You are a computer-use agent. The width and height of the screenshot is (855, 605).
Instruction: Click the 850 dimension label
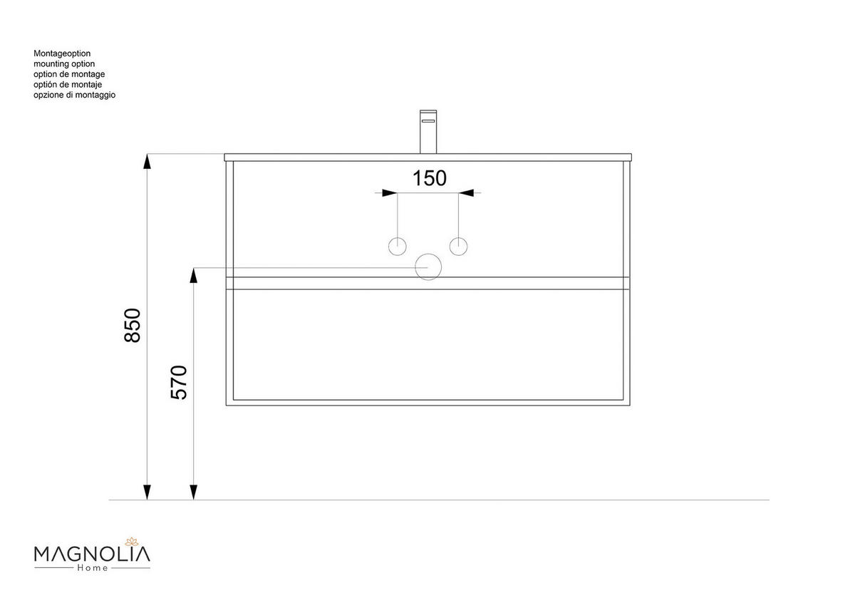(133, 325)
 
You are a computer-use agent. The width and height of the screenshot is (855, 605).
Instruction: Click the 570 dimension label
(179, 382)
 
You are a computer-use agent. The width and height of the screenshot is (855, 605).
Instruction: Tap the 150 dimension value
(430, 177)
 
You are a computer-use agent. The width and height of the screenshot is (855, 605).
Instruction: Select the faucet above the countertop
(427, 131)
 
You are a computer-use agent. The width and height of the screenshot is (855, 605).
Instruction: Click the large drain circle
(428, 267)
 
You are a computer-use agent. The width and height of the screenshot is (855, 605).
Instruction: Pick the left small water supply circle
(397, 247)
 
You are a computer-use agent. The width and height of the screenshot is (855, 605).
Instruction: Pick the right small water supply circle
(459, 247)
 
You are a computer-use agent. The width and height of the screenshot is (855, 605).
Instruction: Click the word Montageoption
(62, 53)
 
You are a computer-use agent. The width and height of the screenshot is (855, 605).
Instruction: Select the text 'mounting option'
(64, 64)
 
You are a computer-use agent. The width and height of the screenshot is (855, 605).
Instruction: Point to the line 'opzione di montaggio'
(74, 95)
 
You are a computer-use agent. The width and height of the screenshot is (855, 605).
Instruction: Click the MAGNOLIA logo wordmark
(92, 553)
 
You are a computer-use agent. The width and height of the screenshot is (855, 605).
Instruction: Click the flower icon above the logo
(130, 541)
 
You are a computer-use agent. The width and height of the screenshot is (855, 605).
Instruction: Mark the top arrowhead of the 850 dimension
(147, 161)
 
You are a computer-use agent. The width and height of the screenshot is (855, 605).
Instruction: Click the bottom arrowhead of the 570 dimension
(193, 492)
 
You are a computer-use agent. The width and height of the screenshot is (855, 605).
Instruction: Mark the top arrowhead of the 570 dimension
(193, 276)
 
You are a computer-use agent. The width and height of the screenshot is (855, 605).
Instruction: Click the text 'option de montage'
(69, 74)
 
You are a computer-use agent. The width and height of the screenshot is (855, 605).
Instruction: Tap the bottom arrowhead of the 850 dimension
(147, 492)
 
